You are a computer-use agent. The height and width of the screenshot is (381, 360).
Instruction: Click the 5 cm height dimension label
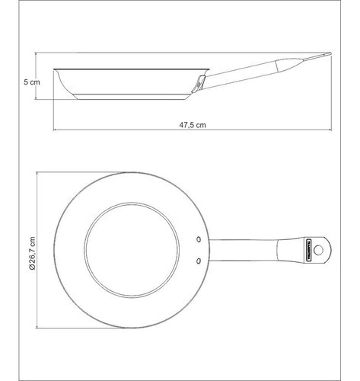point(32,82)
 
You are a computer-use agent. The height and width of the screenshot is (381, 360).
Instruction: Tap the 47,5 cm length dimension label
point(193,125)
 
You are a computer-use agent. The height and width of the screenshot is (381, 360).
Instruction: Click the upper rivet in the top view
point(199,239)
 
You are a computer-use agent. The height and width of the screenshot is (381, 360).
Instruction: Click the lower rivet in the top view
point(199,261)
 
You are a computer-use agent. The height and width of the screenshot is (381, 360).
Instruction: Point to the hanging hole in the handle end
point(318,250)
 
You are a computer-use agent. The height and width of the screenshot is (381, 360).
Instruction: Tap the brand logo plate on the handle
point(309,250)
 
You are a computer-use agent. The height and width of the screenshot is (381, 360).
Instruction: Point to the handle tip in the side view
point(329,54)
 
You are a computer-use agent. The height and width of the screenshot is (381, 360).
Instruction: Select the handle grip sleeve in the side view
point(289,66)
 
